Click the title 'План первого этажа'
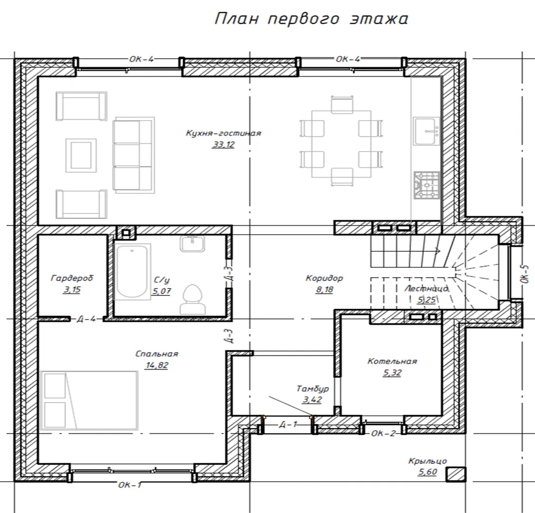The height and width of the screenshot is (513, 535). [311, 19]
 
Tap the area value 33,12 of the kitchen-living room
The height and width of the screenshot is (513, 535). [224, 144]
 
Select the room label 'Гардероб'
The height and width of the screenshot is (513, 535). [72, 278]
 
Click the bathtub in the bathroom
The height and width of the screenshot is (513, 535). [132, 272]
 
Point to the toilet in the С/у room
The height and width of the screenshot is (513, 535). [193, 299]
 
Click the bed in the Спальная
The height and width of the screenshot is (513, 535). [89, 400]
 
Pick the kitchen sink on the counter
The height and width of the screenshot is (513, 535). [426, 131]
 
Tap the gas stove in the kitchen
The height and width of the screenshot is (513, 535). [426, 185]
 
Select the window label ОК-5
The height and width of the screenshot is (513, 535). [525, 274]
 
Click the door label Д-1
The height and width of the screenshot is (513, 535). [288, 424]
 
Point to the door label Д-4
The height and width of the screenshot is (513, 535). [86, 319]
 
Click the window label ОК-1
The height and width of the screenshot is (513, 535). [130, 484]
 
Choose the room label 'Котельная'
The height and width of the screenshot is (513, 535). [392, 361]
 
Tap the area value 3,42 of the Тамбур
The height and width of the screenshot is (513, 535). [312, 399]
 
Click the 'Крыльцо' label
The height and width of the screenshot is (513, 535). [428, 461]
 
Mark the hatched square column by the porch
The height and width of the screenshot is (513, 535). [456, 475]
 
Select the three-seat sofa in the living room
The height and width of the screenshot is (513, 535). [133, 155]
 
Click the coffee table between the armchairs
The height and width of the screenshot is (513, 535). [81, 155]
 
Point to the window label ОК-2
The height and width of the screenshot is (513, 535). [383, 434]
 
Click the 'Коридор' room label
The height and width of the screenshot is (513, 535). [324, 278]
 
